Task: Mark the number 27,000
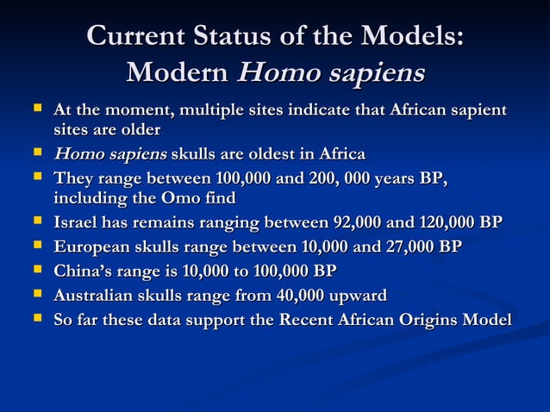408,247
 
